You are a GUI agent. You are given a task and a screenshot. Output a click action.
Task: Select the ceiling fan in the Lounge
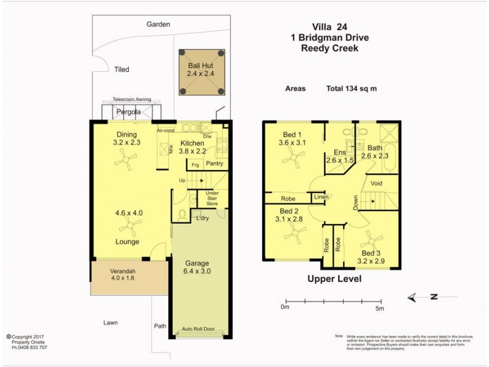(x=129, y=227)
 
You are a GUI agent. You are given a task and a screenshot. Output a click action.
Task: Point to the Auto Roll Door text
(x=200, y=330)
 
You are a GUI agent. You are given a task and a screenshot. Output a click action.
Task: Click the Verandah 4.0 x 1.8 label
(x=114, y=275)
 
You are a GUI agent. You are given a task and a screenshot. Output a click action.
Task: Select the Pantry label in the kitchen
(x=214, y=163)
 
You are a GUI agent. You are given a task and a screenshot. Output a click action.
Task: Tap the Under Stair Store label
(x=212, y=197)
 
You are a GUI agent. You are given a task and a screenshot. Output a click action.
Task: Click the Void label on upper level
(x=377, y=183)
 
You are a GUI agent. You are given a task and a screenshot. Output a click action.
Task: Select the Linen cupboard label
(x=320, y=197)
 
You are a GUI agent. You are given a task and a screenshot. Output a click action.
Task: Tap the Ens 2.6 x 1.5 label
(x=340, y=157)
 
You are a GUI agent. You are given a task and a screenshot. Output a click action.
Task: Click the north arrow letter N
(x=433, y=297)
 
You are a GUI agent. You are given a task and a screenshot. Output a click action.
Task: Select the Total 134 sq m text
(x=351, y=88)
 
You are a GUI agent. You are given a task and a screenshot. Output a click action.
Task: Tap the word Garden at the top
(x=158, y=24)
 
